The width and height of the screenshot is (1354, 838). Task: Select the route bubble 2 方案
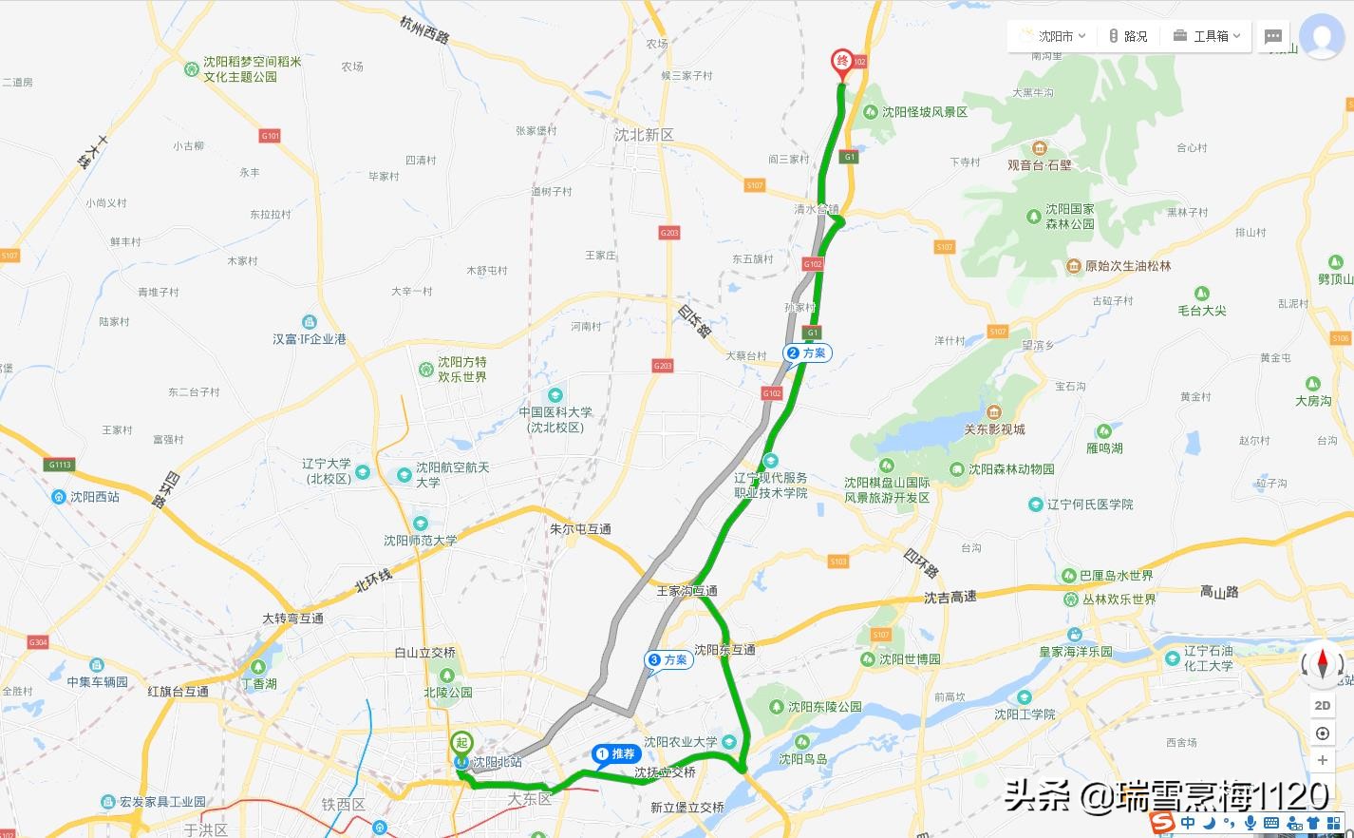807,353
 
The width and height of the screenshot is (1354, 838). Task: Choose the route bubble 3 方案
668,659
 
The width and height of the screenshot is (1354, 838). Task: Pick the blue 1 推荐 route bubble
615,754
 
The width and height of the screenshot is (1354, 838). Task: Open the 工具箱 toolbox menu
1207,36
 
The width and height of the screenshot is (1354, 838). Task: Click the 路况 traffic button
1128,36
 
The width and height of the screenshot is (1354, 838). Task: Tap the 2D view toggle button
1323,705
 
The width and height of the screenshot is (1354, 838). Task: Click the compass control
1322,664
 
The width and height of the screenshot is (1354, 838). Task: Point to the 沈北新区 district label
644,135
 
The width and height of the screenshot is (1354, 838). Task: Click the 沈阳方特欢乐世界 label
461,370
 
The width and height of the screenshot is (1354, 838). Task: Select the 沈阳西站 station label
94,497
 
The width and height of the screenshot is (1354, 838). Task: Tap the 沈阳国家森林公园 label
1069,217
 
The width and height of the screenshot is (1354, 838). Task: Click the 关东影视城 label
994,429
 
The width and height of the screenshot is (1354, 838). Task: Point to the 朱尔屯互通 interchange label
580,529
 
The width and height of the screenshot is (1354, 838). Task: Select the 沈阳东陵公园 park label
824,707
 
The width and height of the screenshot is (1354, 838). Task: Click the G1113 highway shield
60,465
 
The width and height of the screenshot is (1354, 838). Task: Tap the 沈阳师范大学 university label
420,540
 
